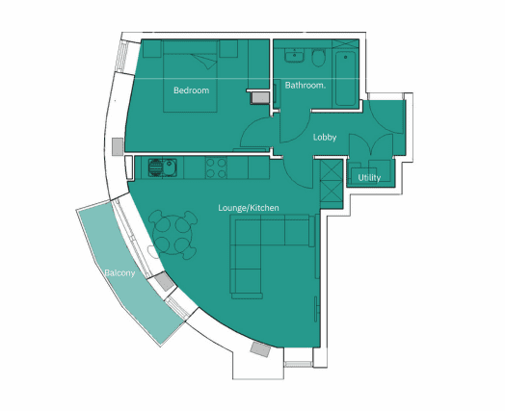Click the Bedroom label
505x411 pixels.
coord(192,90)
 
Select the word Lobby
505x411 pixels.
coord(325,138)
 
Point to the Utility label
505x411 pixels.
coord(369,177)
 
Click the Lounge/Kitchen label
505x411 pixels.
coord(249,208)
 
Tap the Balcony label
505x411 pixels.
coord(120,273)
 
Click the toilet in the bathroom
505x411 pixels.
coord(319,58)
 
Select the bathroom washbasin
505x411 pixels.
coord(294,55)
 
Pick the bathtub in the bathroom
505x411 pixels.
coord(346,78)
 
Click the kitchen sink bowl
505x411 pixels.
coord(169,167)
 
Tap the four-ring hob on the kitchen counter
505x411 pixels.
coord(216,167)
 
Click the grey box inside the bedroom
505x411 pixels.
coord(260,97)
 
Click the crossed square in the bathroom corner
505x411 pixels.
coord(345,44)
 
